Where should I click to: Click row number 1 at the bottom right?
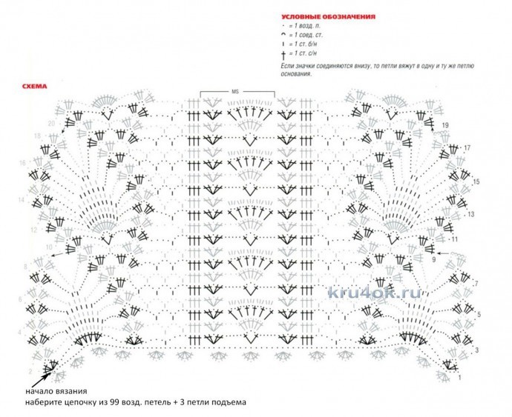(x=459, y=378)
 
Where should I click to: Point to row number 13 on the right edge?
(x=470, y=214)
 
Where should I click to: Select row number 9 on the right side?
(x=433, y=261)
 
